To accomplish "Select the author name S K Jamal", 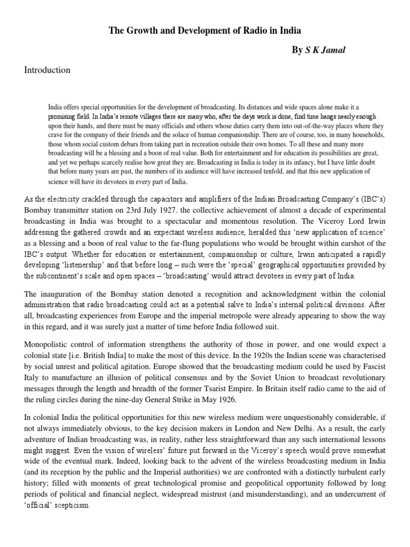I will click(326, 51).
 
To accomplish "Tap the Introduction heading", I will click(47, 70).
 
